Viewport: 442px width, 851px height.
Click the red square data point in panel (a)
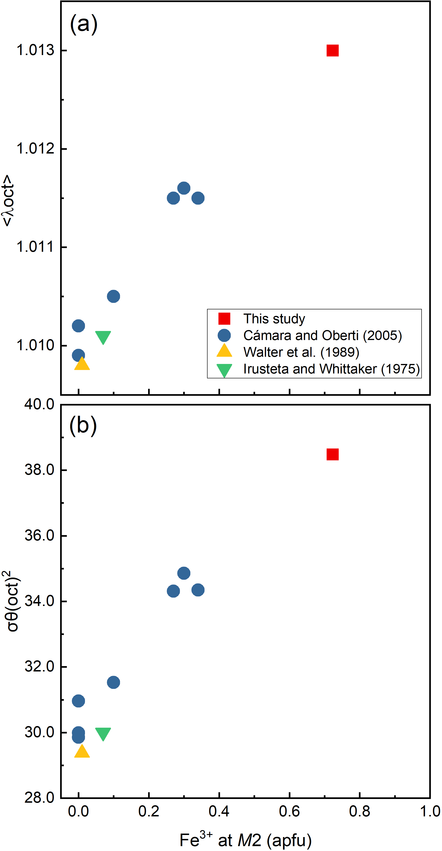click(x=332, y=51)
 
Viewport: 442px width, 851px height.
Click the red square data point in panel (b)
click(x=332, y=455)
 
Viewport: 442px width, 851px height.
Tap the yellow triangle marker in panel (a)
click(x=82, y=364)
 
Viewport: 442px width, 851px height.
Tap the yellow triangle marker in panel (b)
click(x=82, y=752)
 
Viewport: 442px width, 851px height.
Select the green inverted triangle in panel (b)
click(x=103, y=733)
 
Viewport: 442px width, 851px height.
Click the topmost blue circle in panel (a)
click(x=184, y=188)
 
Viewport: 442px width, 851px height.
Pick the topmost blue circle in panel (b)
click(x=184, y=573)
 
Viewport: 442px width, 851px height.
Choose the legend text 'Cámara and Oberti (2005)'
click(x=322, y=335)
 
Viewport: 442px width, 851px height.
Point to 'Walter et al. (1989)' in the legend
click(x=301, y=352)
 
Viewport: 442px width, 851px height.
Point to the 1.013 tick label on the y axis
click(x=35, y=51)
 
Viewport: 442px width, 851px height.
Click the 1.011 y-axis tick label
click(x=35, y=247)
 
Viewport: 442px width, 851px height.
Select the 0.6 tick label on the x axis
click(x=289, y=811)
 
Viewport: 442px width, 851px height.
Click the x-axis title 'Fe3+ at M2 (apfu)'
click(x=246, y=840)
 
